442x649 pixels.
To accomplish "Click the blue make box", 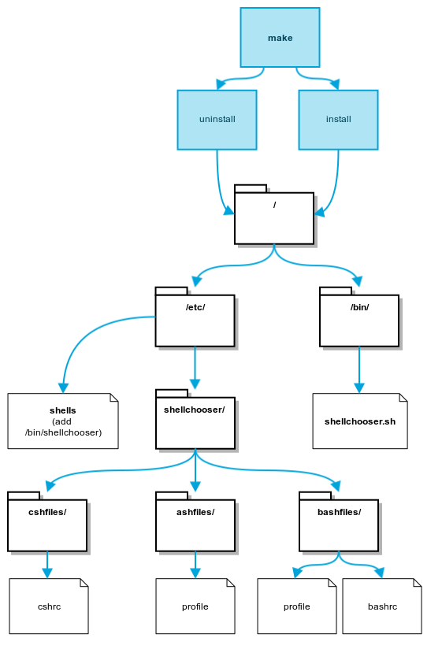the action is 280,37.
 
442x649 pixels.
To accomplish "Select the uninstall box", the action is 217,120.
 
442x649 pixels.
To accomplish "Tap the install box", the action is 338,120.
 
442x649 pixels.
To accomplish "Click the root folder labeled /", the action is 274,215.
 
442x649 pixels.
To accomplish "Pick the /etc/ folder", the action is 195,317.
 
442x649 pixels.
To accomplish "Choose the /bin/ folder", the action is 359,317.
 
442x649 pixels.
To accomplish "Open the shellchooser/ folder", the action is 195,419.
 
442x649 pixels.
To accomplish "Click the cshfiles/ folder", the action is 47,522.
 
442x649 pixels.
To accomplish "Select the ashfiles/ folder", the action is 195,522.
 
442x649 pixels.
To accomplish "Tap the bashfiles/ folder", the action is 339,522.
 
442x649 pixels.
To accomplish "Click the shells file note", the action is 63,421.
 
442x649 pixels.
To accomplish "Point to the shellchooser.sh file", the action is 360,421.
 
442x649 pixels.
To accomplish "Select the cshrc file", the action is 49,606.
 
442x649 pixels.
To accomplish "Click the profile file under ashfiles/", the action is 195,606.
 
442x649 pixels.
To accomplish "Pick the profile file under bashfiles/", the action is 297,606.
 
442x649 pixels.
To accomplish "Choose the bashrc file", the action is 382,606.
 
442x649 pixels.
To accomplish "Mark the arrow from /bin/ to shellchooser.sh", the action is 359,369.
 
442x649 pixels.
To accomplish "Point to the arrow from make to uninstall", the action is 242,78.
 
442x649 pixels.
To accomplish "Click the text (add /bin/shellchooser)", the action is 63,427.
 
